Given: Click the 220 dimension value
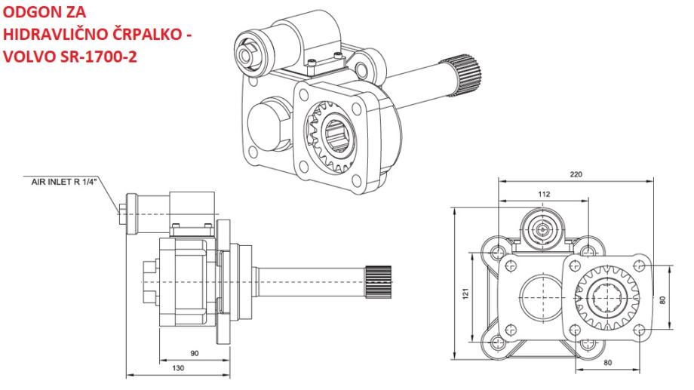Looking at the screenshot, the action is coord(576,174).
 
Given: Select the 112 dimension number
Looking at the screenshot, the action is coord(544,194).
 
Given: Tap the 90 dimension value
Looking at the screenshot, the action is coord(195,353).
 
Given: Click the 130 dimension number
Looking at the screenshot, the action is coord(178,368).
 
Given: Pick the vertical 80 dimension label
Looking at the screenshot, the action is coord(662,299).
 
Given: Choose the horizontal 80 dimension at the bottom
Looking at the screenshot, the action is coord(607,363).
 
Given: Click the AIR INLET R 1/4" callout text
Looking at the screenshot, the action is coord(63,182).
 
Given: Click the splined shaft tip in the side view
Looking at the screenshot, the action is coord(379,282).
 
